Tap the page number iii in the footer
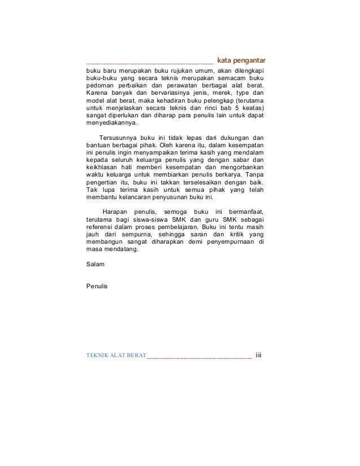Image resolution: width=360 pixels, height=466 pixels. click(260, 355)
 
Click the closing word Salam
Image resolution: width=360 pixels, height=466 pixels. click(94, 263)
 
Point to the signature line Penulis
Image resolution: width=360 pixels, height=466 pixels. click(96, 286)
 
